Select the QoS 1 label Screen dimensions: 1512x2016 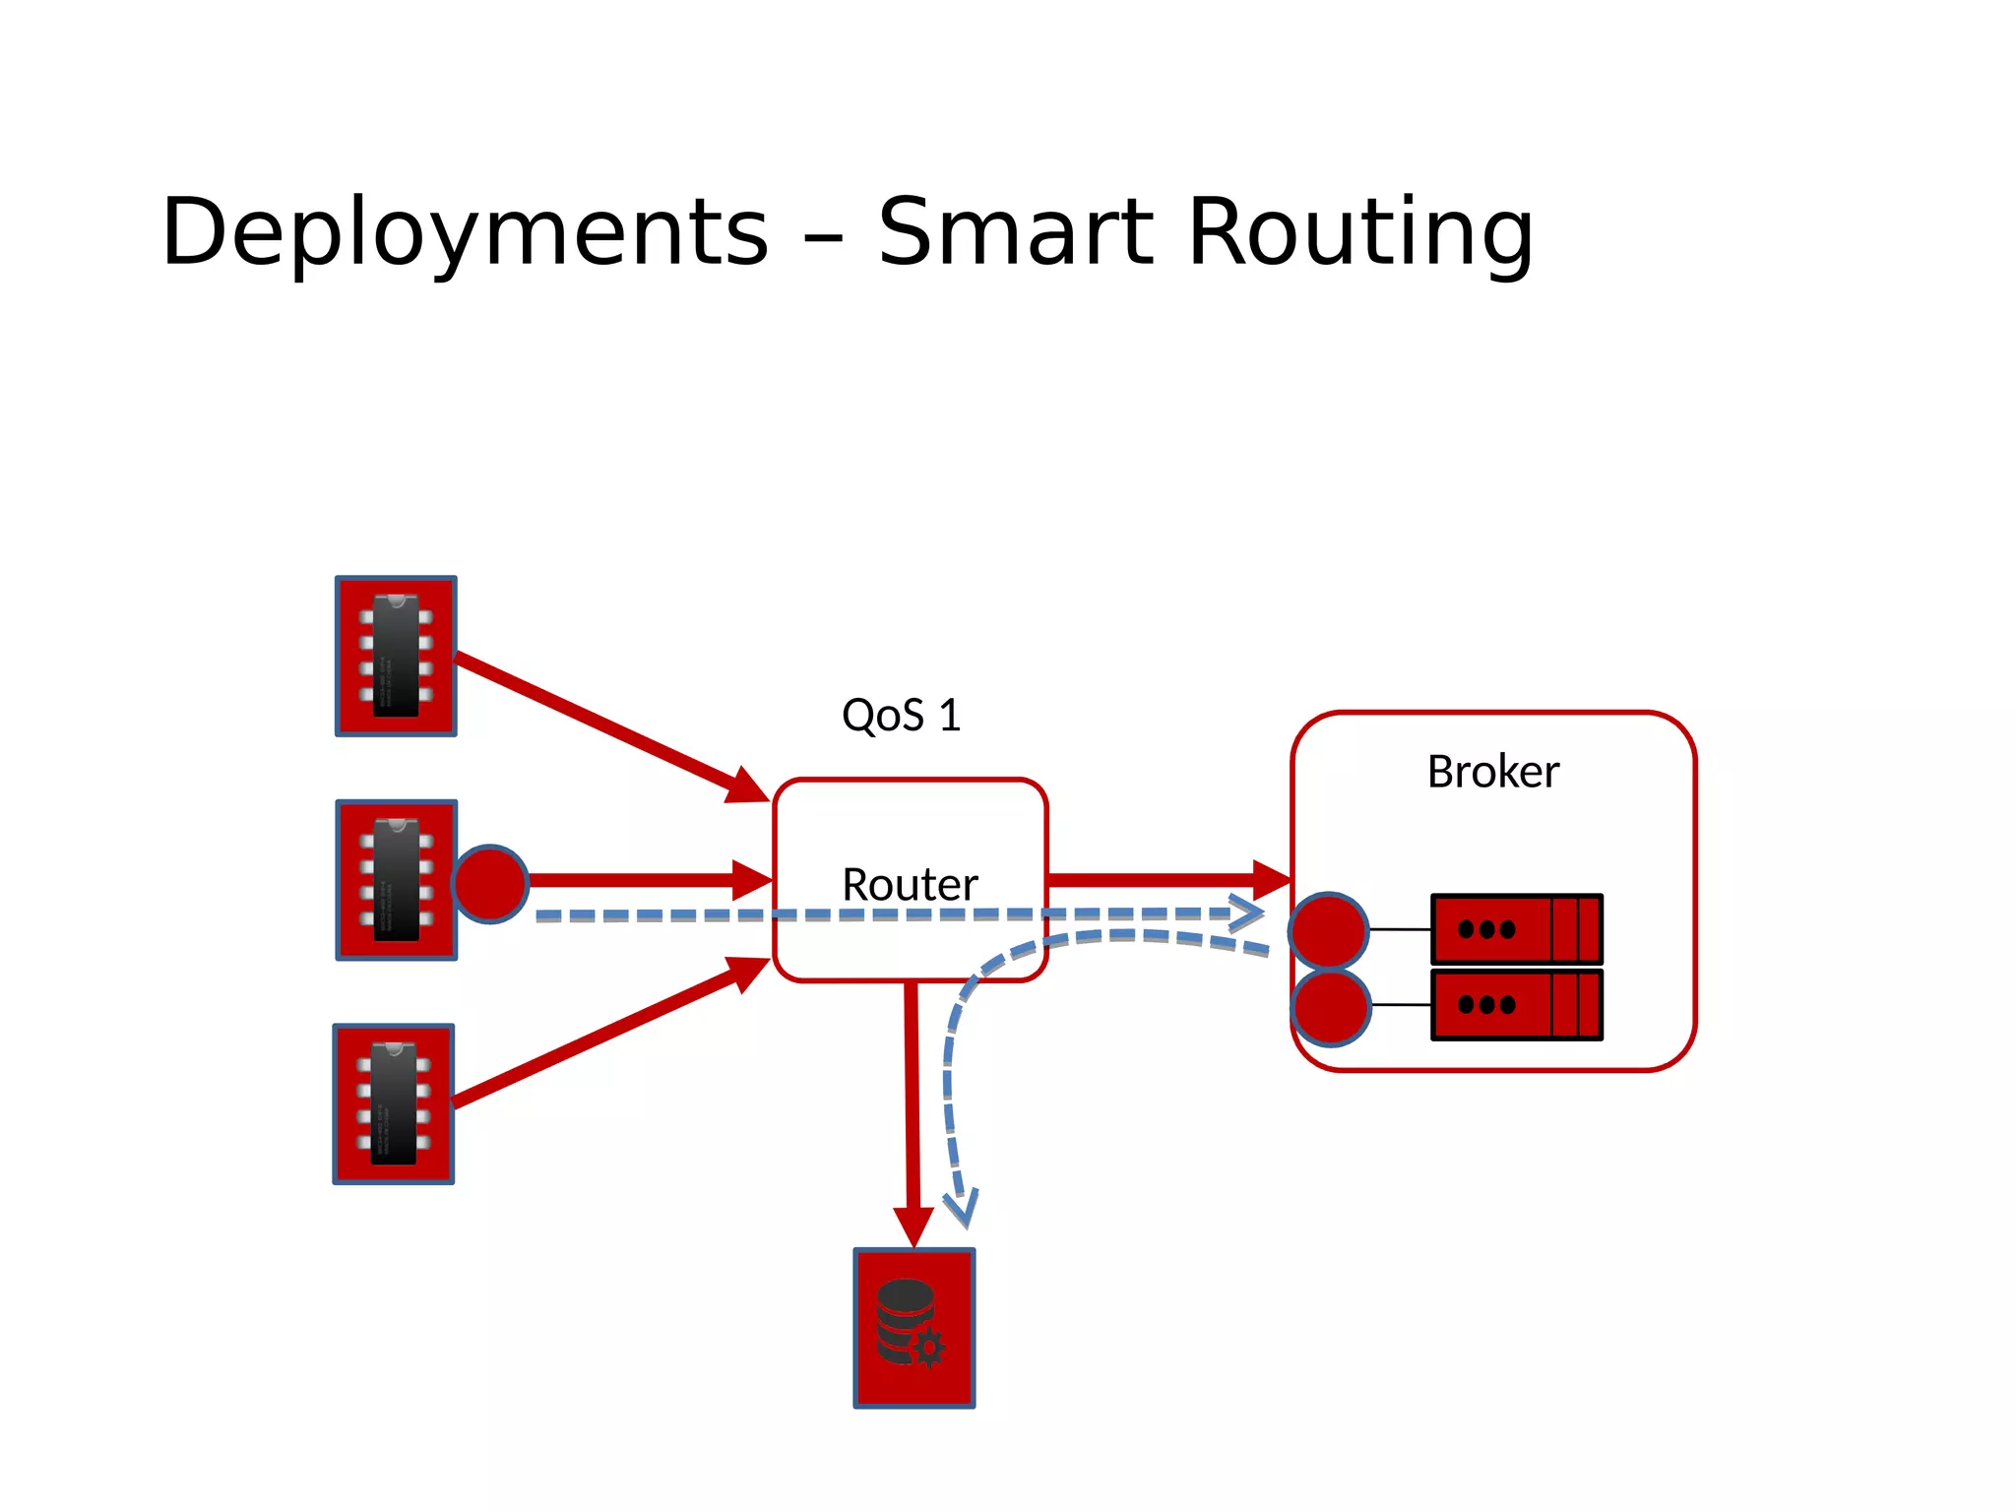pos(901,715)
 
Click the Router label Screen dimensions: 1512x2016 pos(910,884)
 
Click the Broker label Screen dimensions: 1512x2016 pos(1492,771)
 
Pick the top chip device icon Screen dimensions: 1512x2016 pos(396,656)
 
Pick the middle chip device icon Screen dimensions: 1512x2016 pos(396,879)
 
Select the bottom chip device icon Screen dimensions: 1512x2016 pos(394,1103)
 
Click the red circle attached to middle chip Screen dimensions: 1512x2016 pos(490,883)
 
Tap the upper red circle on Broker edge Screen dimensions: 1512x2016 pos(1328,929)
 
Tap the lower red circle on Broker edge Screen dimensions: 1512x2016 pos(1330,1006)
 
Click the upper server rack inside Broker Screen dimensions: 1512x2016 pos(1516,928)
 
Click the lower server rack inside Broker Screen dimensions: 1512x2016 pos(1516,1004)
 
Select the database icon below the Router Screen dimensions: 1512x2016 pos(913,1328)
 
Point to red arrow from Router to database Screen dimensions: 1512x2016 pos(912,1112)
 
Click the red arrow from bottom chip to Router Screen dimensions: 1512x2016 pos(610,1034)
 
